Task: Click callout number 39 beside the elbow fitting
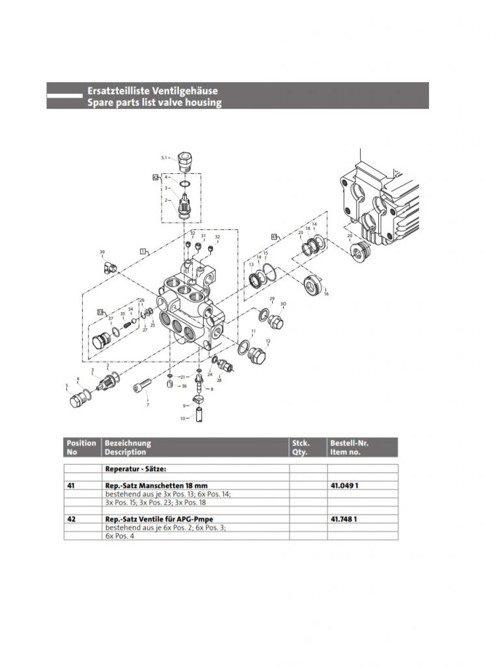pos(102,252)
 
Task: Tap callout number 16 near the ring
pos(326,294)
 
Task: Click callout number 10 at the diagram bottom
pos(182,418)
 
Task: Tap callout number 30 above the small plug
pos(282,304)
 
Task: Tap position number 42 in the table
pos(71,518)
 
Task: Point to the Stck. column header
pos(300,443)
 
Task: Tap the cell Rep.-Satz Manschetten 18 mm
pos(156,485)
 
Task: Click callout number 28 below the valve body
pos(219,380)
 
